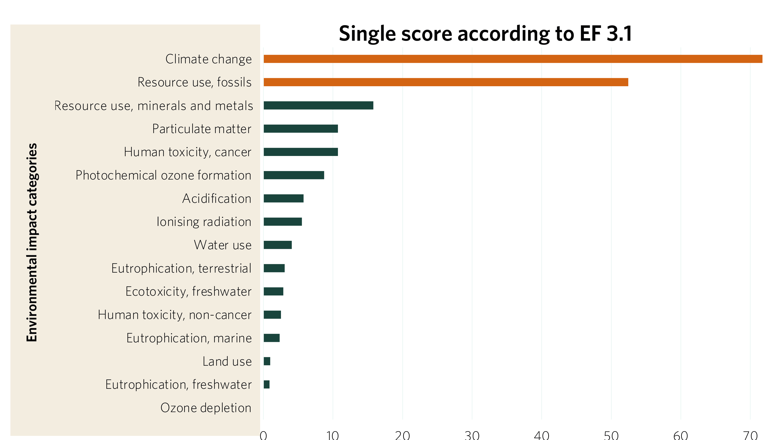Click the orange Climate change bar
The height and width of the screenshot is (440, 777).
point(513,59)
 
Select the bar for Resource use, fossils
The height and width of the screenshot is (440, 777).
point(446,82)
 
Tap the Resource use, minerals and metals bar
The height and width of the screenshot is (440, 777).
point(318,105)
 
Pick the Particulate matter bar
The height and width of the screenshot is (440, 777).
point(300,129)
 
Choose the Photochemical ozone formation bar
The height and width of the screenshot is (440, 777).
point(294,175)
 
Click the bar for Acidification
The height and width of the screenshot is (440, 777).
point(283,199)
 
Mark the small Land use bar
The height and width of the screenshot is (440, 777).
point(267,361)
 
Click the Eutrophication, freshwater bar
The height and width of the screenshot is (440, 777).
point(266,384)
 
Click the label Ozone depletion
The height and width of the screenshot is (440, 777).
point(206,408)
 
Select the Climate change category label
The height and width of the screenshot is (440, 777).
point(208,59)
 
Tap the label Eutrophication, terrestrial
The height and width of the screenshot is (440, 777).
point(181,268)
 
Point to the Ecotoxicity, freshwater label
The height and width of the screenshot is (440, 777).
point(188,292)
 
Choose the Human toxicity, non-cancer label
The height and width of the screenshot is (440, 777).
point(174,315)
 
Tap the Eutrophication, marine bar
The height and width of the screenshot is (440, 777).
point(272,338)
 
